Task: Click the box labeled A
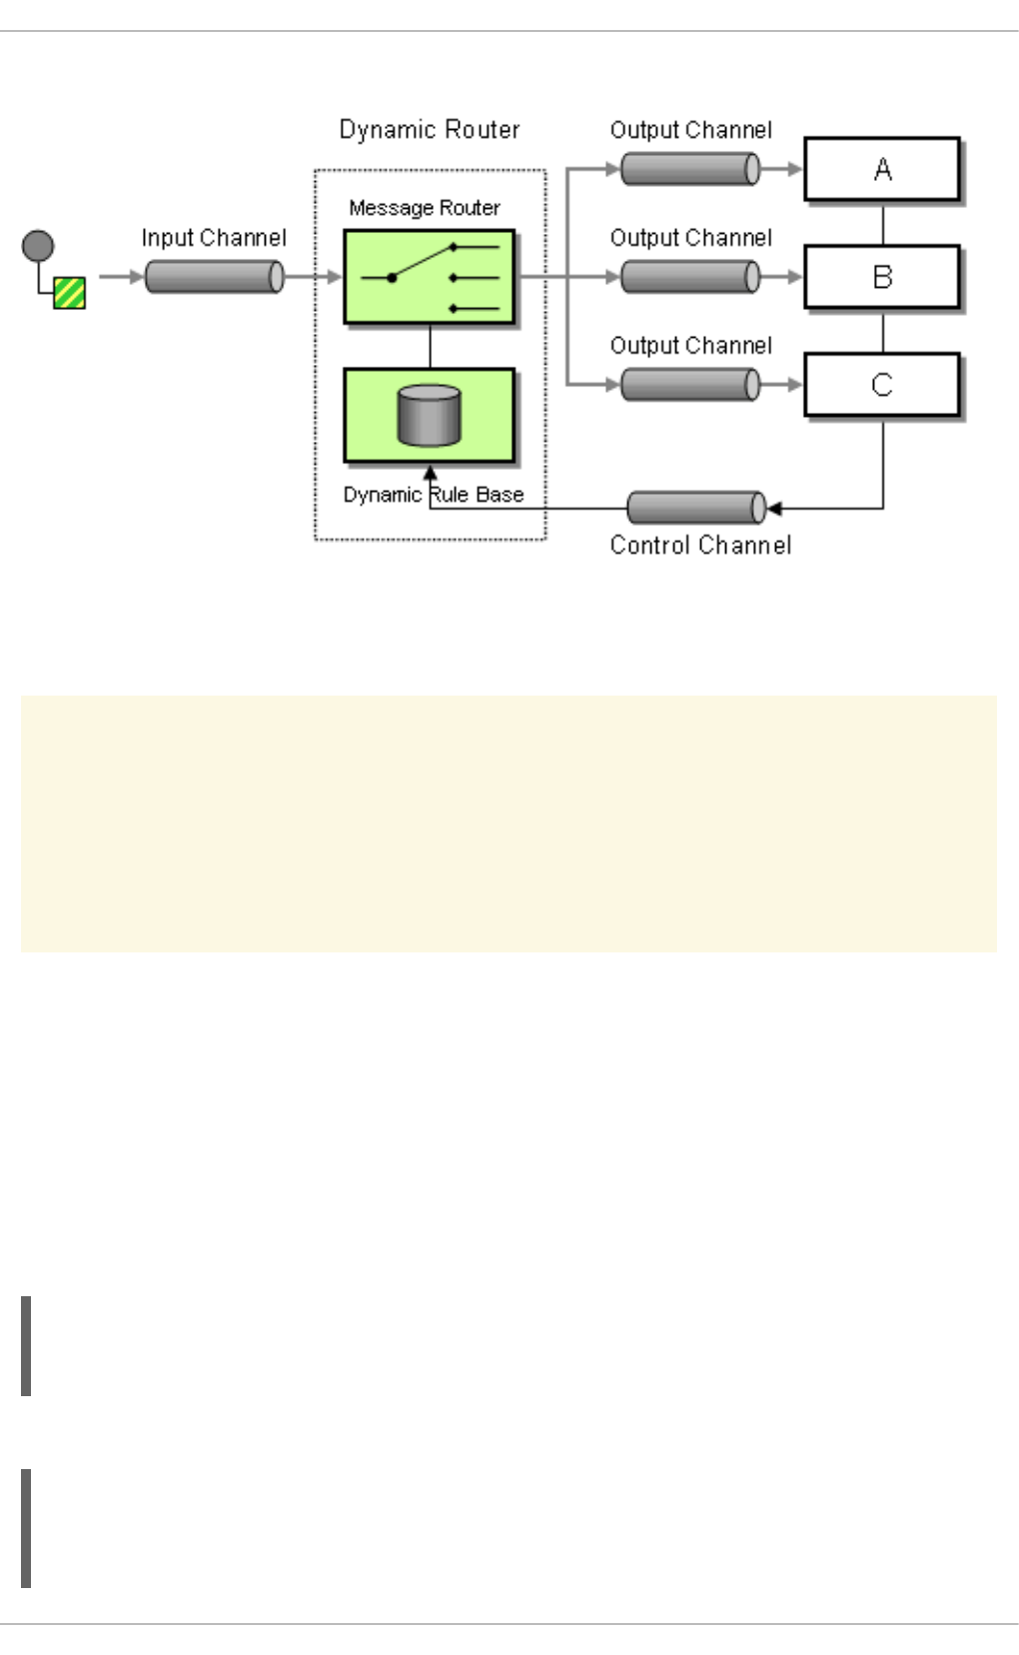(x=882, y=170)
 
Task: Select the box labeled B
(x=882, y=277)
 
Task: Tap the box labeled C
(x=882, y=385)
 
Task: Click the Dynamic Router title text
(x=430, y=130)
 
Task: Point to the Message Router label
(x=425, y=208)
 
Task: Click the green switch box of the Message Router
(x=430, y=277)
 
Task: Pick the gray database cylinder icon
(x=430, y=415)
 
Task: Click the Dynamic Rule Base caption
(x=434, y=495)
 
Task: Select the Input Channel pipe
(x=214, y=277)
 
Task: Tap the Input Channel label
(x=214, y=238)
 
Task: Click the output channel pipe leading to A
(x=690, y=169)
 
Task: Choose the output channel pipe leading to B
(x=690, y=277)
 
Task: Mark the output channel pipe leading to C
(x=690, y=384)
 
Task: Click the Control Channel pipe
(x=696, y=508)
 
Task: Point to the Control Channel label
(x=700, y=546)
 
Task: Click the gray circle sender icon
(x=38, y=246)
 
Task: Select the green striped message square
(x=70, y=293)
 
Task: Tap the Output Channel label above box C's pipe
(x=691, y=346)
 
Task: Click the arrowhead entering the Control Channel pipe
(x=774, y=509)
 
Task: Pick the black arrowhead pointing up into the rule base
(x=431, y=474)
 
